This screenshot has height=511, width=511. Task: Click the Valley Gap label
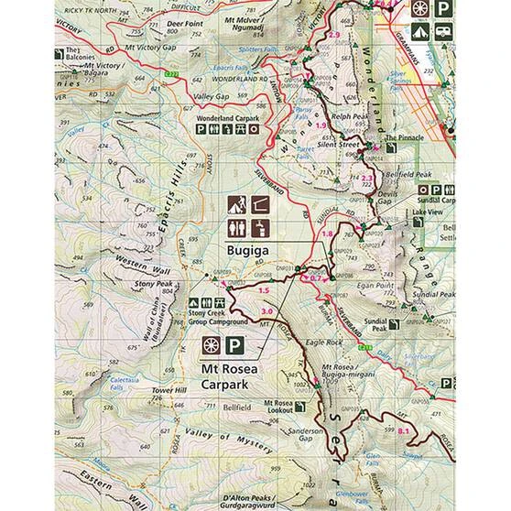click(x=210, y=95)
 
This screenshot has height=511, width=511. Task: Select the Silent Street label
click(x=350, y=144)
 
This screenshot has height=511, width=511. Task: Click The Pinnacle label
click(x=403, y=137)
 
